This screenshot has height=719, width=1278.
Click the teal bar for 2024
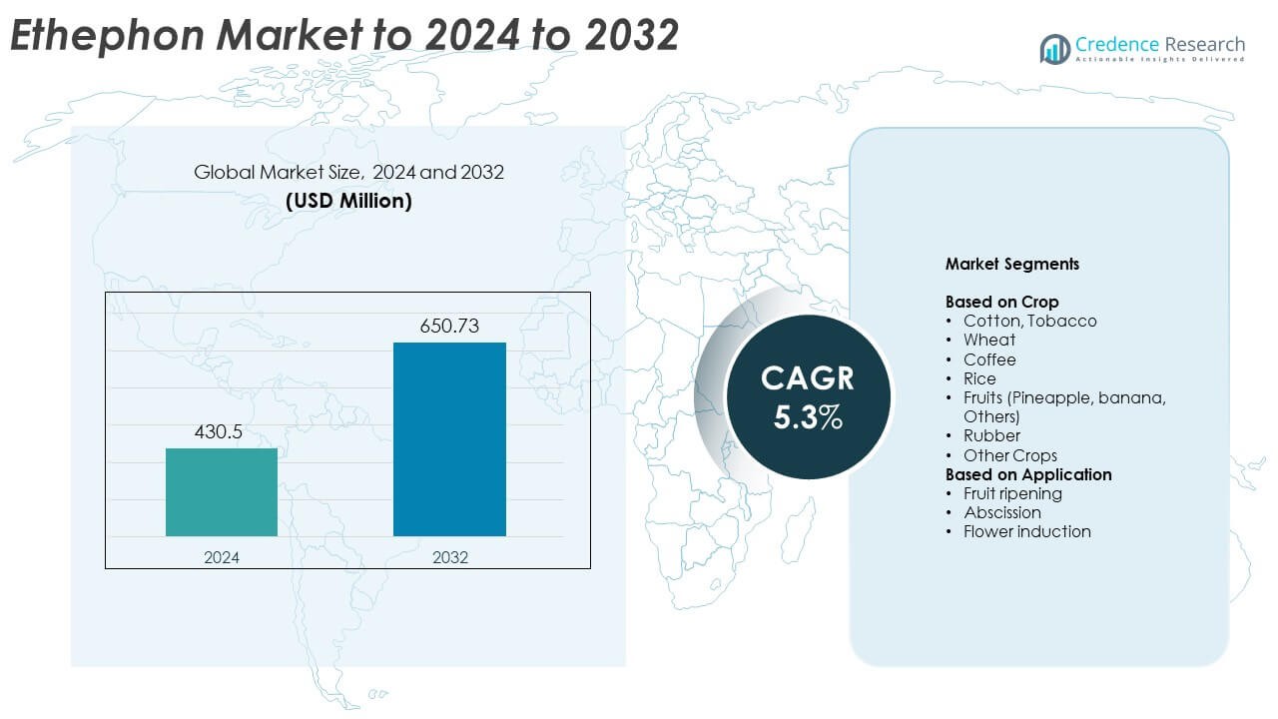222,492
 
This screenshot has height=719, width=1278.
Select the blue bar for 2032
449,439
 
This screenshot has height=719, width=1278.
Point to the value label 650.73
449,326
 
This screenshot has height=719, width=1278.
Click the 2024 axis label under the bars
222,557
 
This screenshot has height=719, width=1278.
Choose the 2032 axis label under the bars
449,557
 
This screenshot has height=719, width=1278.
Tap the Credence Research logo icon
1055,49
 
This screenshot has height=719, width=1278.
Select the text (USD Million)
348,200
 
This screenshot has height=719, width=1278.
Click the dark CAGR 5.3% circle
808,397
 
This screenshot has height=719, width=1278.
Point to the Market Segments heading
1011,265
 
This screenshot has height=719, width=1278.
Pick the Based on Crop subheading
1001,302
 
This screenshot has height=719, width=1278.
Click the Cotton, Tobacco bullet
1029,321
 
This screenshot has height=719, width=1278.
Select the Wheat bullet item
989,340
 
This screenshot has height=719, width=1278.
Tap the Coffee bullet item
989,359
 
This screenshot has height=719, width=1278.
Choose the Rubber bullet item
991,435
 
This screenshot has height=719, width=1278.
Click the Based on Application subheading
1028,474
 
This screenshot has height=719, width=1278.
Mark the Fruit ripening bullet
1012,493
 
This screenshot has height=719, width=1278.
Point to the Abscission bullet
1002,512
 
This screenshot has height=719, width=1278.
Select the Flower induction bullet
1026,531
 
